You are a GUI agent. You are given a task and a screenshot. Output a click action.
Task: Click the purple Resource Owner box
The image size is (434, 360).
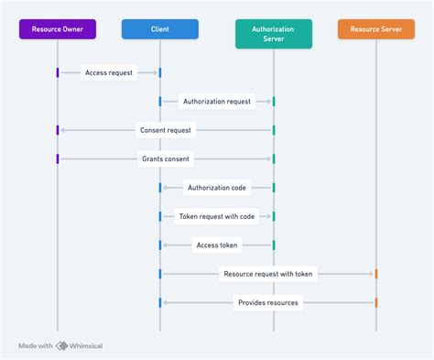(x=58, y=28)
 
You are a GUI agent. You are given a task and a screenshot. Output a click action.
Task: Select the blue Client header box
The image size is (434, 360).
(x=160, y=28)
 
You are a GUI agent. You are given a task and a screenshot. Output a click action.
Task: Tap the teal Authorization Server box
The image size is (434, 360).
(x=273, y=33)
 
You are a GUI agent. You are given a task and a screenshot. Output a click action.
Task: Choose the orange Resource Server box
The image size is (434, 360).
(x=375, y=28)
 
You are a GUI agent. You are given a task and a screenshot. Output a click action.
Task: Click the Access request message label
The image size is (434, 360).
(x=109, y=71)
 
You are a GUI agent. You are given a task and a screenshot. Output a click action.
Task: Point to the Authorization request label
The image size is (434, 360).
(x=216, y=101)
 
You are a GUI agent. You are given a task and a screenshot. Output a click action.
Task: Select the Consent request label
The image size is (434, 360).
(x=166, y=130)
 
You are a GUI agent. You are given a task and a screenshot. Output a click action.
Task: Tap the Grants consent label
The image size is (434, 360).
(x=166, y=158)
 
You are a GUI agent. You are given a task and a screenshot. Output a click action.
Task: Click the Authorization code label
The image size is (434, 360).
(x=216, y=188)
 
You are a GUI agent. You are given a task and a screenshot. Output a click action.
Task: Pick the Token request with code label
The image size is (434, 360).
(x=216, y=216)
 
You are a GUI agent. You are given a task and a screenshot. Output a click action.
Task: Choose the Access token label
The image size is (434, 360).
(x=216, y=245)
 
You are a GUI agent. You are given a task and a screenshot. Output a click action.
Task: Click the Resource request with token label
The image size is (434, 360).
(x=267, y=273)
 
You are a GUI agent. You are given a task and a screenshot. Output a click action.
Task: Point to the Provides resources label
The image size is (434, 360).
(x=267, y=302)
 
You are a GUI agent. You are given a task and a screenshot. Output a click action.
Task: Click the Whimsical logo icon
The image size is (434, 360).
(x=61, y=345)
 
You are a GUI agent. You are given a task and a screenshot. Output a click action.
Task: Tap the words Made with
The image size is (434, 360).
(x=36, y=345)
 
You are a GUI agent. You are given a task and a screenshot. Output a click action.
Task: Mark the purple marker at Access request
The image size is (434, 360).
(x=58, y=71)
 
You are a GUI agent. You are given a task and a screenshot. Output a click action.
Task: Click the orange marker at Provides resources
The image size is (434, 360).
(x=375, y=302)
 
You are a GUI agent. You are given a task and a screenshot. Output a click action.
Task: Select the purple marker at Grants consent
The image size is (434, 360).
(x=58, y=158)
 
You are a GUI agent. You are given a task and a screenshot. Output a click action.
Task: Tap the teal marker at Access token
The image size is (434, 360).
(x=273, y=245)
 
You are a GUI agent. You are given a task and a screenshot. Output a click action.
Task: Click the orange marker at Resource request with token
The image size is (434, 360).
(x=375, y=273)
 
